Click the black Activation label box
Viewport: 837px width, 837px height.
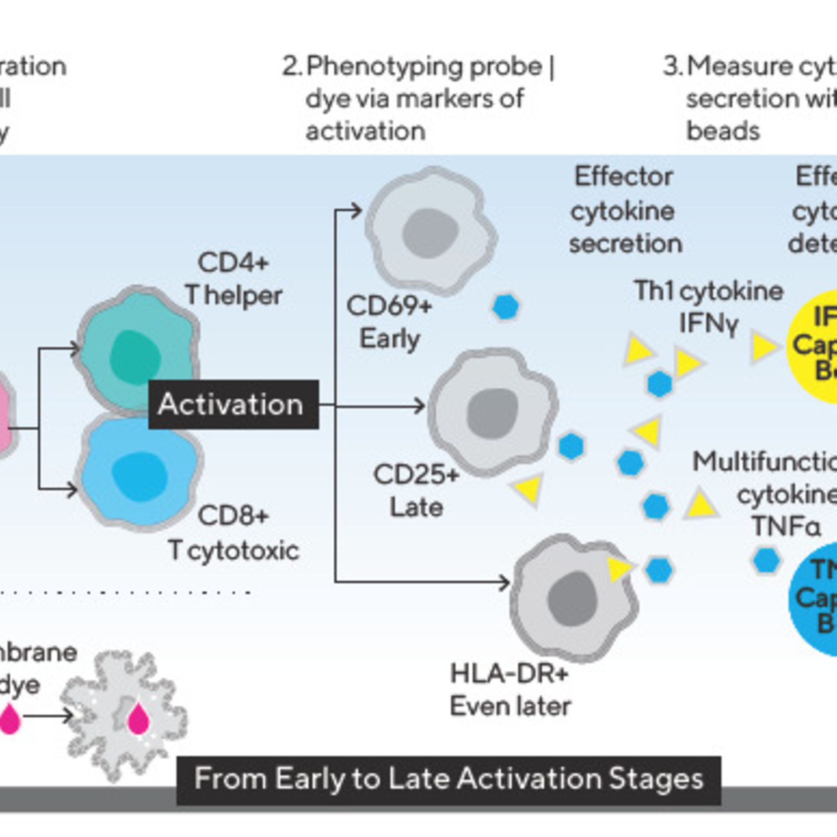point(233,404)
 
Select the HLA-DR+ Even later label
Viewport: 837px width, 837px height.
point(510,690)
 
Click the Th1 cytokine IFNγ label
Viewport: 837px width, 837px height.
point(709,307)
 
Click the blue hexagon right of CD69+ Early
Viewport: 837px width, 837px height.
point(505,307)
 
